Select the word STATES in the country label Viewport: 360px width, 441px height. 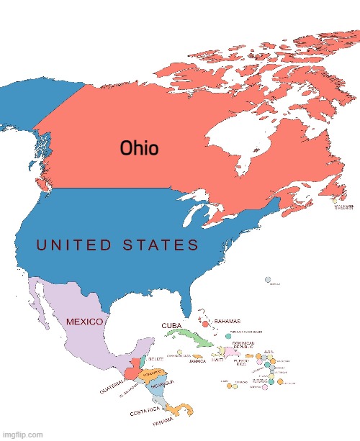[x=161, y=245]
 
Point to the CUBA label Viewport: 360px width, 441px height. [x=171, y=325]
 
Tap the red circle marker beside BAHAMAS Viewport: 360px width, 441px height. [x=208, y=320]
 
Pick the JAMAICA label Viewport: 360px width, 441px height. [x=197, y=361]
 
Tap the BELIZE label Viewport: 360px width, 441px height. [x=157, y=358]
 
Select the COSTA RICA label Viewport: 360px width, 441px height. [x=143, y=414]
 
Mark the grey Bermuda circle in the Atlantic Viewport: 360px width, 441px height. [x=267, y=279]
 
